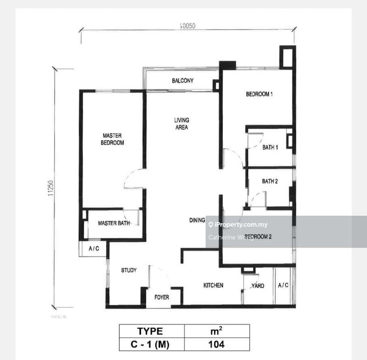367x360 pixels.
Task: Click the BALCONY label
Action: click(183, 81)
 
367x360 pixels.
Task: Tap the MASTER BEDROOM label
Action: click(113, 139)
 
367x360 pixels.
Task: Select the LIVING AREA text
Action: click(181, 124)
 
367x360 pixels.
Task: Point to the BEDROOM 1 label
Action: click(260, 94)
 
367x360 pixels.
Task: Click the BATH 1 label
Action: click(270, 148)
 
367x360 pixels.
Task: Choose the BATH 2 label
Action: click(270, 181)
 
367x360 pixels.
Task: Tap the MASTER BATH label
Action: click(114, 223)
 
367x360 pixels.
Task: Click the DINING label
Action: click(197, 221)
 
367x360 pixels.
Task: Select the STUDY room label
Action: click(128, 271)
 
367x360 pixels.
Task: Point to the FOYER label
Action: click(161, 297)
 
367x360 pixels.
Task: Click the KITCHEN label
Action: click(213, 285)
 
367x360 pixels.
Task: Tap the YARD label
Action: click(258, 286)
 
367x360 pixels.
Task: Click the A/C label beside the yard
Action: click(283, 285)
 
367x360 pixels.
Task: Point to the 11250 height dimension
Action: click(50, 188)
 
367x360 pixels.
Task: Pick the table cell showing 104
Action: click(217, 344)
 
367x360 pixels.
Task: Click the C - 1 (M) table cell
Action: click(151, 344)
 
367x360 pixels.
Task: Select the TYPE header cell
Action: click(151, 331)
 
